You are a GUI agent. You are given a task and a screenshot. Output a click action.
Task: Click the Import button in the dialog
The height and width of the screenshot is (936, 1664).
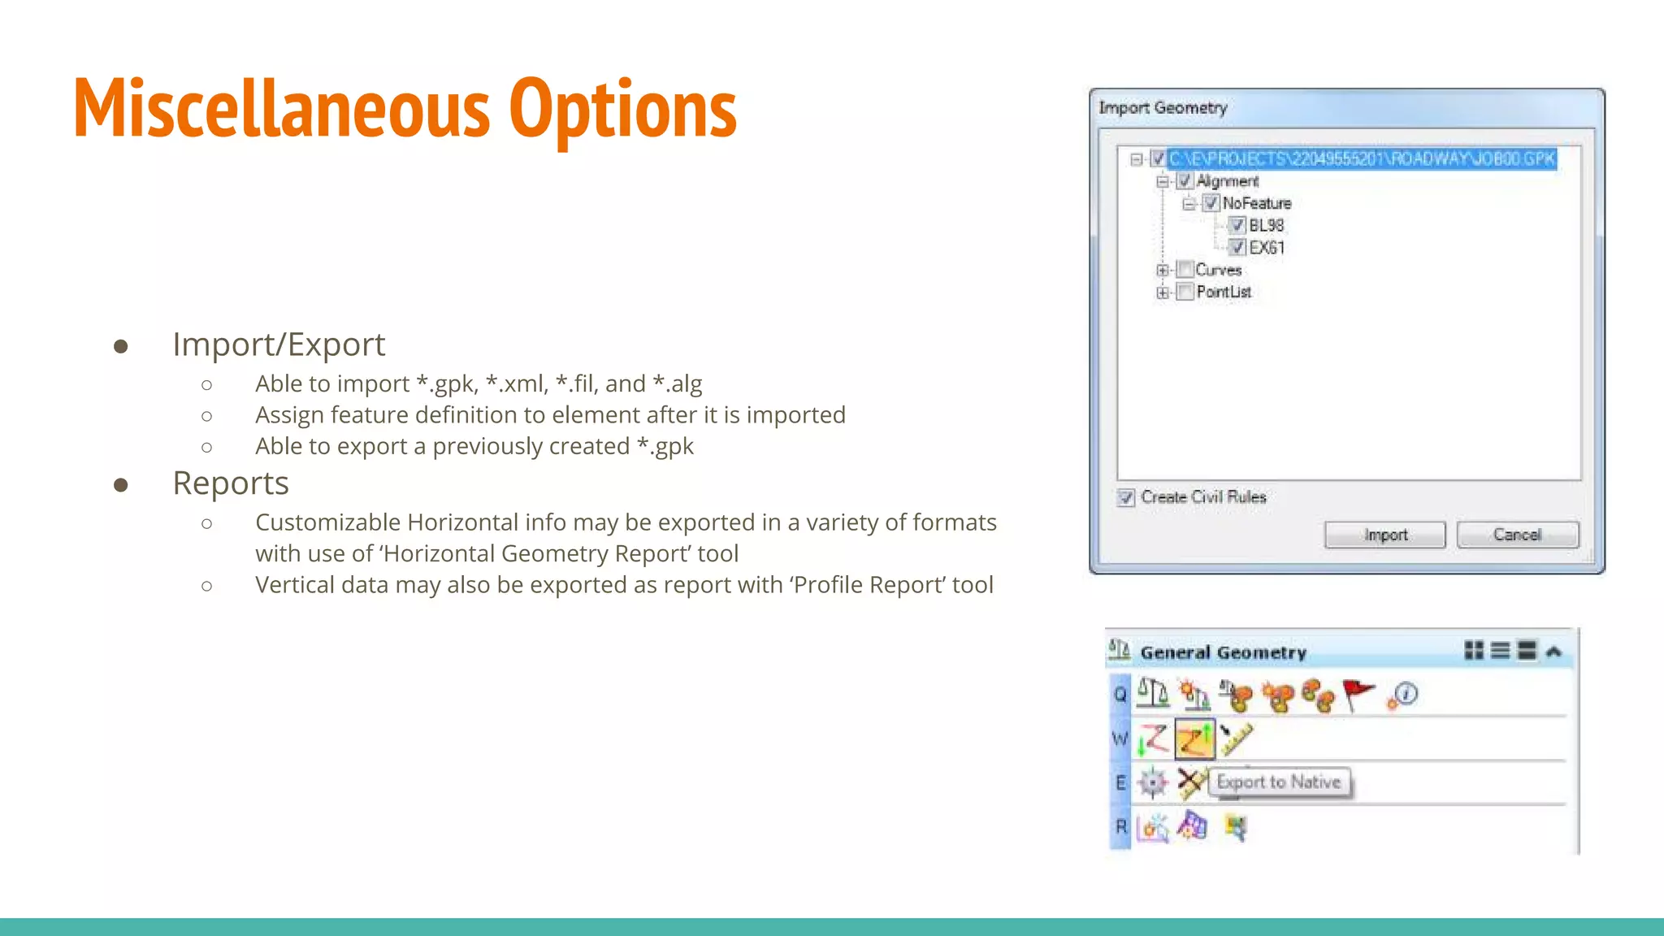pos(1384,535)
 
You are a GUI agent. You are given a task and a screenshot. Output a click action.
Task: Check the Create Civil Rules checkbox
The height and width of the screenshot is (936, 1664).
pos(1125,497)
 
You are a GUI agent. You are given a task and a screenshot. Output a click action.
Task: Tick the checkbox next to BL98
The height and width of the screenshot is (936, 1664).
pos(1237,225)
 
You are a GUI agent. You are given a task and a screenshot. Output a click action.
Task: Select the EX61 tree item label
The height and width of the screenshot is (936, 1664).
pos(1267,248)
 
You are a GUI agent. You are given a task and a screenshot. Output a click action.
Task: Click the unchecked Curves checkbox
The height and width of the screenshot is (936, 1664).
pos(1185,270)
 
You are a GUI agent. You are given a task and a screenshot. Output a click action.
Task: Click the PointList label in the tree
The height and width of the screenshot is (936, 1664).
pos(1224,292)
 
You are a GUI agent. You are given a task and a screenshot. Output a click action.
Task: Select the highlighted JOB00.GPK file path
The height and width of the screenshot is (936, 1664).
pos(1361,158)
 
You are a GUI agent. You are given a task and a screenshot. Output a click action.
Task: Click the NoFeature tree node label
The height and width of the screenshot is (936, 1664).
pos(1256,203)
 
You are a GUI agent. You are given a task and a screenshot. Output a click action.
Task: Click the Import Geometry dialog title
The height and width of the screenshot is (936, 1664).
pos(1163,108)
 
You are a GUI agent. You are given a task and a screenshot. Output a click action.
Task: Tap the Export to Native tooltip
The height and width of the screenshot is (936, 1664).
pos(1278,782)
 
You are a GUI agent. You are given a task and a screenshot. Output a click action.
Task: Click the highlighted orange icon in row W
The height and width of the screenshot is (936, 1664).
pos(1194,739)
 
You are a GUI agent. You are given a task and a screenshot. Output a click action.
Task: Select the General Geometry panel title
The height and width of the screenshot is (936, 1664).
pos(1223,652)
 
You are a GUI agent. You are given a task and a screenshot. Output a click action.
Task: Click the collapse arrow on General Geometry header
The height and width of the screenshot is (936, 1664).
pos(1553,652)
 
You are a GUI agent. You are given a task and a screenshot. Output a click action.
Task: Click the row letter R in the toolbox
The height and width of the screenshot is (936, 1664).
pos(1120,826)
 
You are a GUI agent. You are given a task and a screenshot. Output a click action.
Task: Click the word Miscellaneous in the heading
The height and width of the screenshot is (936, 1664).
pos(281,109)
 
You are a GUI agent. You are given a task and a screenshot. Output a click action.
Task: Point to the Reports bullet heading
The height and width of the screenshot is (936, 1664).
pos(231,483)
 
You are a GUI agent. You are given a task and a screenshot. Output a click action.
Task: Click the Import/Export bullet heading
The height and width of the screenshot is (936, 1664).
pos(279,344)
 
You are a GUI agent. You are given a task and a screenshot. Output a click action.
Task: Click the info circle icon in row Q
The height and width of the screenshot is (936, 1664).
pos(1405,695)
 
